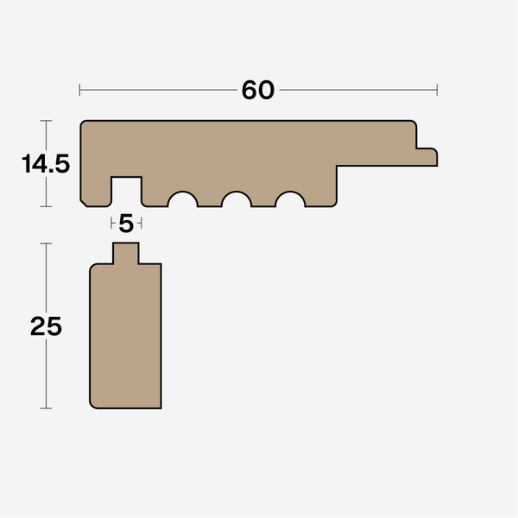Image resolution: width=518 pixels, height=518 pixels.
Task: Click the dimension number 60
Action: (x=257, y=90)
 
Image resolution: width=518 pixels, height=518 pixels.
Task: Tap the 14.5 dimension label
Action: (x=46, y=164)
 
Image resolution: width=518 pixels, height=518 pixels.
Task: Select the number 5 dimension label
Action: (x=126, y=224)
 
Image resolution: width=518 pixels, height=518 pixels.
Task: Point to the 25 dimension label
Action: (x=46, y=326)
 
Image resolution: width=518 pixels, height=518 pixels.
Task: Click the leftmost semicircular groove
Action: (x=183, y=200)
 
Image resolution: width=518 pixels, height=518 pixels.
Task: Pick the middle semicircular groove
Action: (x=237, y=200)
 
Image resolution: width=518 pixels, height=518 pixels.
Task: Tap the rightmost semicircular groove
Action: (x=290, y=200)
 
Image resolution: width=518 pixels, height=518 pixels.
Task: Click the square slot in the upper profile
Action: (x=126, y=192)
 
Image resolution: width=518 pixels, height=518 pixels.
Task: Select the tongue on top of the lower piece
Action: (x=126, y=254)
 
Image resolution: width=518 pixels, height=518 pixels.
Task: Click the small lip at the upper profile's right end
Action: (x=426, y=156)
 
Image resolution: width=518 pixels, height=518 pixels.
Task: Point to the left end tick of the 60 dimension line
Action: (x=79, y=89)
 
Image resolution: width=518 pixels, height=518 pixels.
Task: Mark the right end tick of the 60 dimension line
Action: (x=437, y=89)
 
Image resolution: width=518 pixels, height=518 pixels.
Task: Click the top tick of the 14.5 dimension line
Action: (x=46, y=120)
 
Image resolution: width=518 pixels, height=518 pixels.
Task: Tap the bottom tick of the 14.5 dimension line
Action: (x=46, y=207)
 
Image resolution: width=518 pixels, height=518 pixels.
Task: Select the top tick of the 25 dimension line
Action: (x=46, y=243)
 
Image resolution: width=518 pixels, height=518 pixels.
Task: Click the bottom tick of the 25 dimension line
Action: (x=46, y=407)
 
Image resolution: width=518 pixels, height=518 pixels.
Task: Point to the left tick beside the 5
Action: (x=112, y=224)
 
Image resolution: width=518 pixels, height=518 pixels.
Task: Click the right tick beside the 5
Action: (x=140, y=224)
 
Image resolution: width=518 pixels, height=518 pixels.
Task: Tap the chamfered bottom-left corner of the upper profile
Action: (x=84, y=204)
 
